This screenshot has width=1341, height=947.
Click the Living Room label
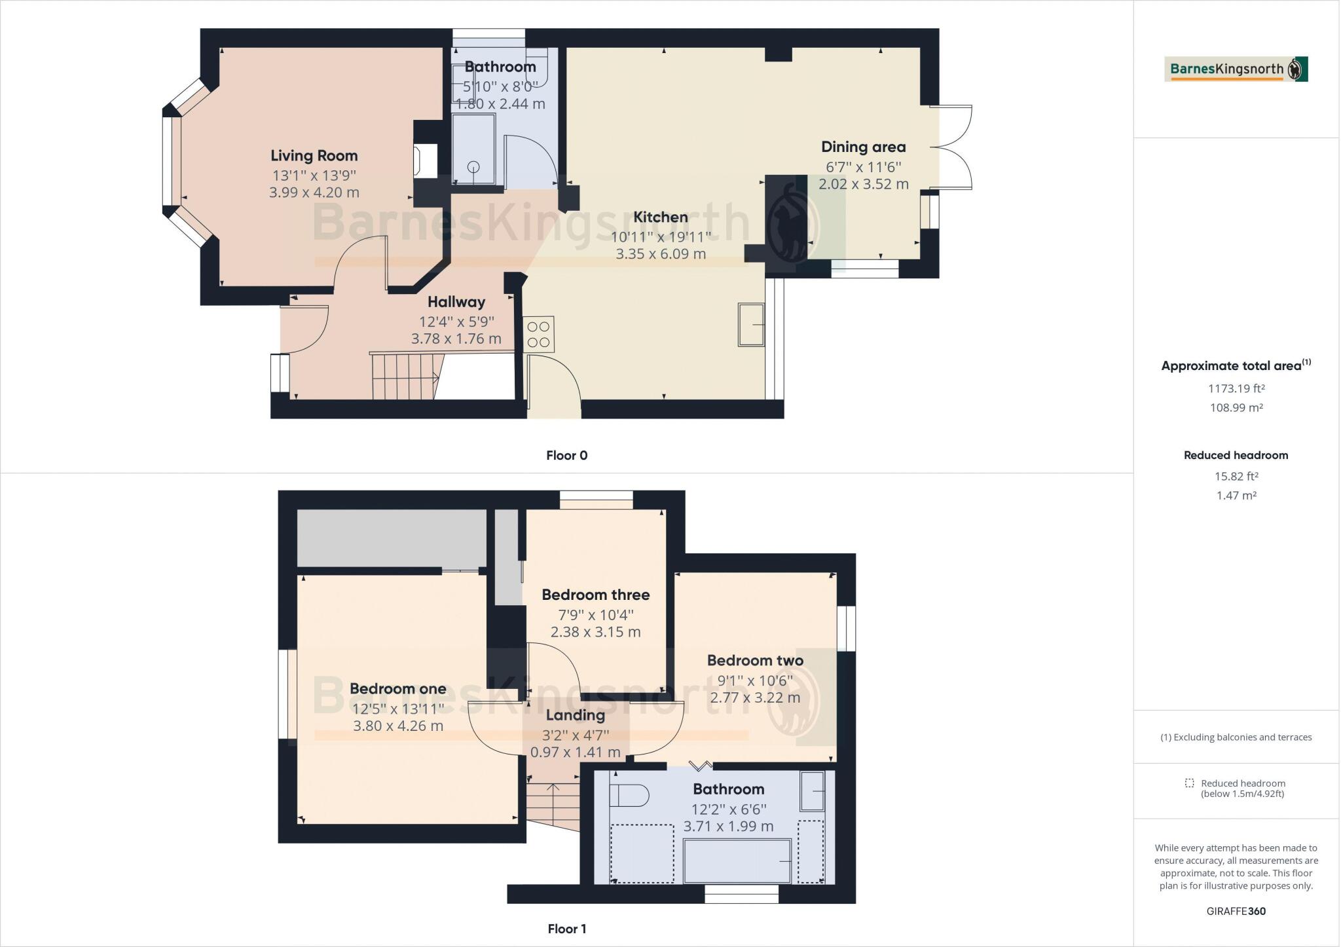[x=314, y=156]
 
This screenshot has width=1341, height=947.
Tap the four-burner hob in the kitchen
[x=539, y=333]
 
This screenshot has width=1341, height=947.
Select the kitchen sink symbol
[x=751, y=324]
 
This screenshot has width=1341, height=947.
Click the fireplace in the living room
[x=425, y=160]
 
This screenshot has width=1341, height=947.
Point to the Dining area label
[x=863, y=147]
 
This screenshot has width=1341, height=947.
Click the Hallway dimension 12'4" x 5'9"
[x=456, y=322]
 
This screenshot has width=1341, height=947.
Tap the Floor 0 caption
[x=566, y=455]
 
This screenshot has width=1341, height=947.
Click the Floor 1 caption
[x=566, y=929]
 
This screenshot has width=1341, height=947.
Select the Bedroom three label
[x=595, y=595]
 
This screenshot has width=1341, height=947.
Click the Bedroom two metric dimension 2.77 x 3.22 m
[x=755, y=697]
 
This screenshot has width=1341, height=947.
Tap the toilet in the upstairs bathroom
[x=628, y=796]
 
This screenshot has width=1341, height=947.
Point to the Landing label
[x=575, y=715]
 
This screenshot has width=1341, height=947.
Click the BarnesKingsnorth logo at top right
[x=1236, y=69]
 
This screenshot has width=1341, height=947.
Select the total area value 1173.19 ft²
[x=1236, y=388]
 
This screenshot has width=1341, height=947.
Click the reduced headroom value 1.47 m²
[x=1236, y=496]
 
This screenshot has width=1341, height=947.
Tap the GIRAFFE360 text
[x=1236, y=911]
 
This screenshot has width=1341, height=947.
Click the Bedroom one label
[x=397, y=689]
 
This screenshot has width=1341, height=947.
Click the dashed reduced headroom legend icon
[x=1189, y=783]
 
